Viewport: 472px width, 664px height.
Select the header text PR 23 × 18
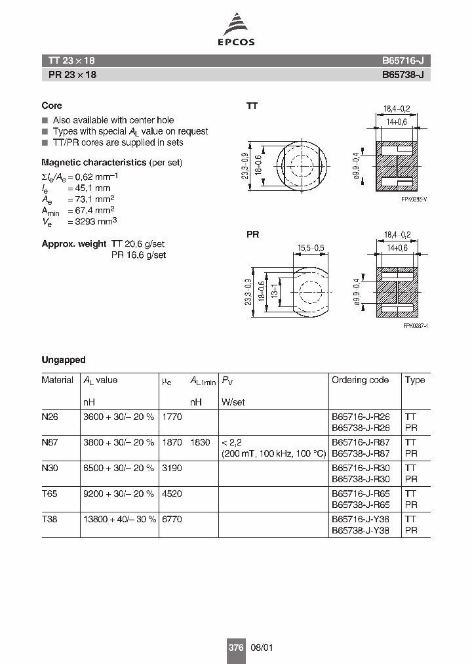coord(72,75)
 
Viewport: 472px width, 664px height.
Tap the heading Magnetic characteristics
coord(94,162)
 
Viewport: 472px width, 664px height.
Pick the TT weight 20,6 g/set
coord(138,243)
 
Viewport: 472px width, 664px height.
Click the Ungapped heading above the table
coord(63,360)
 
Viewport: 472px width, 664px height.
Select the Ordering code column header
coord(360,380)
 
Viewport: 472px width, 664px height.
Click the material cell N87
coord(50,443)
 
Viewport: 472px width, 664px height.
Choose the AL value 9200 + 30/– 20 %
coord(119,493)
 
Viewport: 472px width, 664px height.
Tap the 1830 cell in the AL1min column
coord(200,443)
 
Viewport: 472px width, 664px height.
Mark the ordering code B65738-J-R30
coord(361,479)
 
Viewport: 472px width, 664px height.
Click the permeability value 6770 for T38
coord(172,519)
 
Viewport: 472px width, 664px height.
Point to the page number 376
coord(235,648)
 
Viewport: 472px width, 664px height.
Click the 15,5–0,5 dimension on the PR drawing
coord(311,247)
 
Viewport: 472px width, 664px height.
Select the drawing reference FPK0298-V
coord(414,199)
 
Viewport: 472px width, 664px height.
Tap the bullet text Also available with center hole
coord(113,120)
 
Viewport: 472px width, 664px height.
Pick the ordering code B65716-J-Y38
coord(361,519)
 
